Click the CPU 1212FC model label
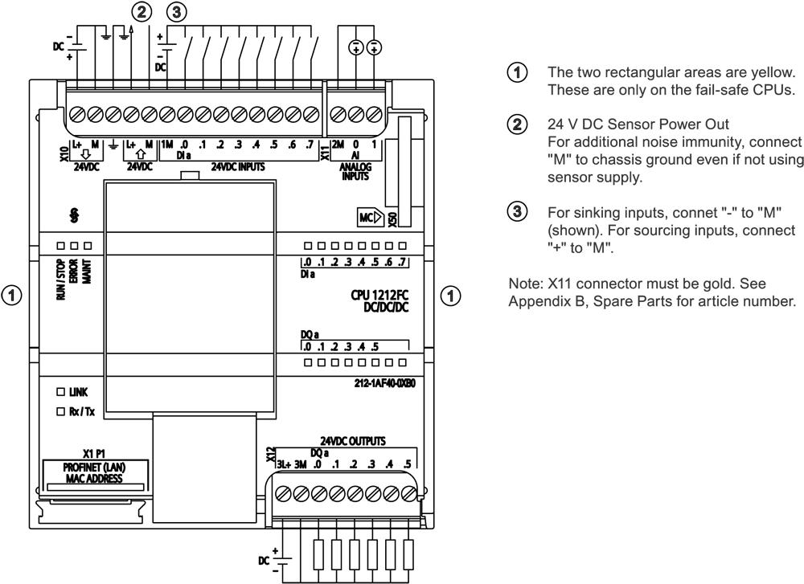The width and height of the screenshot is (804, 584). [372, 295]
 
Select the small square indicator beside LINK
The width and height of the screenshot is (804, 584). [59, 392]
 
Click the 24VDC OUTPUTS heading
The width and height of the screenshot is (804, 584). [354, 441]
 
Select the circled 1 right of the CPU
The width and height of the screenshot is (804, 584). [452, 295]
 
